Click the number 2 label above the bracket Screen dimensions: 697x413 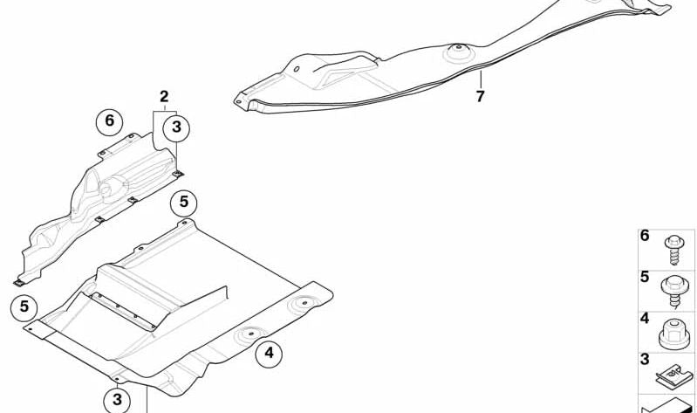tap(165, 96)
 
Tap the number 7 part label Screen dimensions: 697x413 tap(480, 96)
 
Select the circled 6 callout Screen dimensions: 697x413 tap(109, 121)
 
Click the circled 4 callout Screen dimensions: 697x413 tap(269, 354)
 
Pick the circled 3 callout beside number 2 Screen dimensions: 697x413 tap(176, 127)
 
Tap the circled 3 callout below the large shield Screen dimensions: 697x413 tap(117, 400)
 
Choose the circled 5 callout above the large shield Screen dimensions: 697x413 tap(183, 203)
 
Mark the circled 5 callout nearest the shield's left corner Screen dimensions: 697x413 tap(24, 306)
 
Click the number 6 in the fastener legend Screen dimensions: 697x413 tap(645, 236)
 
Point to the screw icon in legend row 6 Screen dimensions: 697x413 tap(674, 250)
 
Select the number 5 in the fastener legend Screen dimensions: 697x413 tap(645, 277)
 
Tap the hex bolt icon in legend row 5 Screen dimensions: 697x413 tap(674, 292)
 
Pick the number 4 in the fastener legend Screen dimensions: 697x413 tap(645, 318)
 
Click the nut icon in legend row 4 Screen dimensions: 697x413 tap(674, 334)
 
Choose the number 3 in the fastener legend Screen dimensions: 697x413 tap(645, 359)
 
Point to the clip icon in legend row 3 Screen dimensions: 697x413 tap(674, 376)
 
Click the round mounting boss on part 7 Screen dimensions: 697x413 tap(458, 52)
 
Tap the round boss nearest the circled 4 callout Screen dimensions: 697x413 tap(250, 335)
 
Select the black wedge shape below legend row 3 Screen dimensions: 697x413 tap(667, 405)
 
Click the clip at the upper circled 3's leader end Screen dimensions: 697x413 tap(178, 174)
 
